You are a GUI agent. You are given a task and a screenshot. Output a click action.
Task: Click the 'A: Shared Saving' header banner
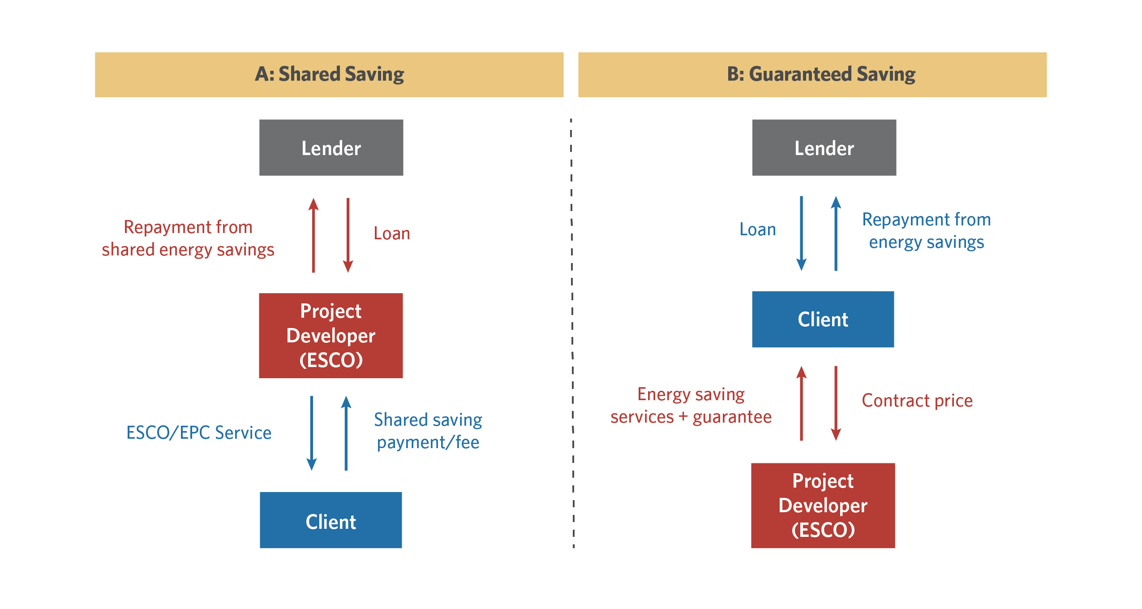[329, 74]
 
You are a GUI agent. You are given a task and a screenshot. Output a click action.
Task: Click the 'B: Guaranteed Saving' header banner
[812, 74]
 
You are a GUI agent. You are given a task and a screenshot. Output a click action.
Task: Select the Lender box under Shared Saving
[331, 147]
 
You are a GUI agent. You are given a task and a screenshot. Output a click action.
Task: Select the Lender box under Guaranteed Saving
[824, 147]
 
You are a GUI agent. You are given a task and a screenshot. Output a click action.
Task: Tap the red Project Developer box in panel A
[331, 336]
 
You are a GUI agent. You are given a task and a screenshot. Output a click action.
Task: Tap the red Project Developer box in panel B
[823, 505]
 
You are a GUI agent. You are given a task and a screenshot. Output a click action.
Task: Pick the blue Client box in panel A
[331, 520]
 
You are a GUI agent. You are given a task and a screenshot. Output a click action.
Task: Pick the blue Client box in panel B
[823, 319]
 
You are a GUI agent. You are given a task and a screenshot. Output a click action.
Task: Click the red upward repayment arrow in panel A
[313, 235]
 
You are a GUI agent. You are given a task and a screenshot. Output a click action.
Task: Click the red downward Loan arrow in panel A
[348, 235]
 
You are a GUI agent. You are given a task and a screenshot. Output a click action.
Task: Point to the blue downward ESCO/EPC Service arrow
[312, 433]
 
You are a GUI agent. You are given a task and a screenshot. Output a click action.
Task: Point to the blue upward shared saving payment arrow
[346, 433]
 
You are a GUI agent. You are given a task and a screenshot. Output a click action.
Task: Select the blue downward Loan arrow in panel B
[802, 233]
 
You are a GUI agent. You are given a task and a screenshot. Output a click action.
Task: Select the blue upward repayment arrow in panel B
[836, 233]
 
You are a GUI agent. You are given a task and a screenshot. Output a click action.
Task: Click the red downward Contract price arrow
[836, 403]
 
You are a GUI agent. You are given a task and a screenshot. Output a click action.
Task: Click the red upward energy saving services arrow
[802, 403]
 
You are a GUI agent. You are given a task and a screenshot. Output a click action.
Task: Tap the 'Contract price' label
[917, 401]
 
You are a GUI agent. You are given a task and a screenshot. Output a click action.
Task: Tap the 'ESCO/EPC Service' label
[199, 433]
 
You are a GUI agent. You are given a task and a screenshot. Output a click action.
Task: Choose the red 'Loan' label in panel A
[392, 233]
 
